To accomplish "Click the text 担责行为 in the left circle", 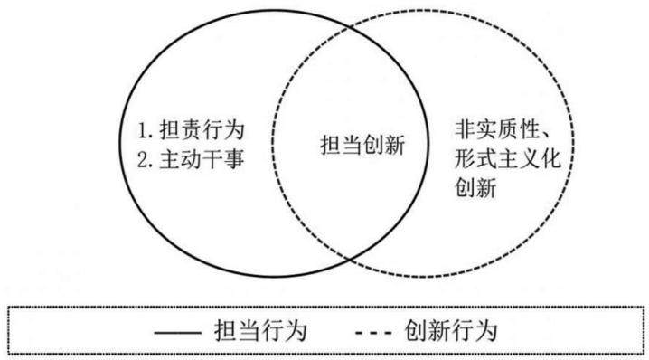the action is [202, 130].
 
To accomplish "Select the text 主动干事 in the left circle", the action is [202, 159].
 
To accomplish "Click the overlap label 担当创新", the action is [363, 145].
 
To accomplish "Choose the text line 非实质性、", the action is [503, 129].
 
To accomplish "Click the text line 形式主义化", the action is [508, 158].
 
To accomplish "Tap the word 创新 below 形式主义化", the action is [475, 187].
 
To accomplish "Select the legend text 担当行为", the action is [260, 331].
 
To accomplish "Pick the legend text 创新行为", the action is [451, 331].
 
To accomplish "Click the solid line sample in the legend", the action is [177, 332].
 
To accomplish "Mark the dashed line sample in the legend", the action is [373, 332].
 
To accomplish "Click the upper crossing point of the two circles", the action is [350, 28].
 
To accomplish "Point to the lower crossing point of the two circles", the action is [350, 260].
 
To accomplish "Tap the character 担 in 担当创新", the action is [331, 145].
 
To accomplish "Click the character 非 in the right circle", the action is [466, 129].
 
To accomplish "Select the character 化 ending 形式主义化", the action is [550, 158].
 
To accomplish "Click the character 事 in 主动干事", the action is [234, 159].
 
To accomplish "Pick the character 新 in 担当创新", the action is [395, 145].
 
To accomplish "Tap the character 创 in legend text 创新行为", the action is [416, 331].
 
